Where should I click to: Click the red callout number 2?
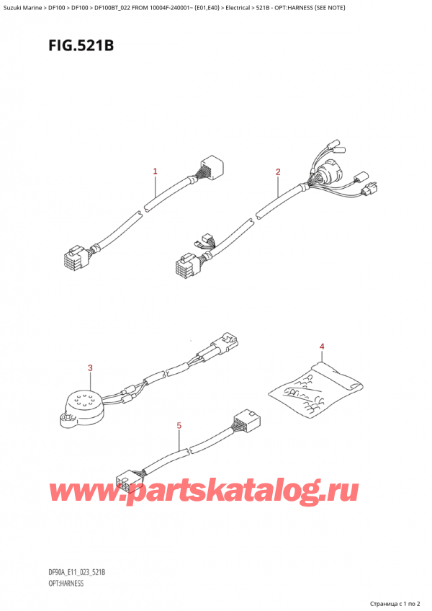(278, 171)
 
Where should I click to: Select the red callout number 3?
(90, 369)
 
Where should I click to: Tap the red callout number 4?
(322, 348)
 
